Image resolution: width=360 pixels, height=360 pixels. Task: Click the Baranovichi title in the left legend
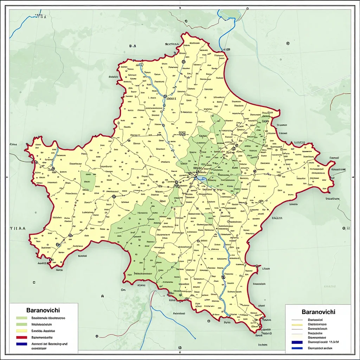(43, 310)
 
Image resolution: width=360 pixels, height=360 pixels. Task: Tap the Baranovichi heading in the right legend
(318, 312)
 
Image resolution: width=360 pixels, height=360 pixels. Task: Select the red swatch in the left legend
(21, 337)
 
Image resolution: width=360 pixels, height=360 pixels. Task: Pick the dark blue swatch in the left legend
(21, 344)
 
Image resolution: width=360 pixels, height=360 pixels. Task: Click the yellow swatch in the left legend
(21, 331)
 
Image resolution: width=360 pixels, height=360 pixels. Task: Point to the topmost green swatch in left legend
(21, 318)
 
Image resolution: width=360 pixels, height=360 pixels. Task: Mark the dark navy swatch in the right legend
(297, 342)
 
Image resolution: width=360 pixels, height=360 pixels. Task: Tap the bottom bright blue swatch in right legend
(297, 348)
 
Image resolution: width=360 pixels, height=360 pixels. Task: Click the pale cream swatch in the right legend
(297, 337)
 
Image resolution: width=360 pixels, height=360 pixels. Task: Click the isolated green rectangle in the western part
(88, 181)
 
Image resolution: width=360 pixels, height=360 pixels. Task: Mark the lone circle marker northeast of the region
(288, 44)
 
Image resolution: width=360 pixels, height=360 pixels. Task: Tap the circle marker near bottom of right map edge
(348, 229)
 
